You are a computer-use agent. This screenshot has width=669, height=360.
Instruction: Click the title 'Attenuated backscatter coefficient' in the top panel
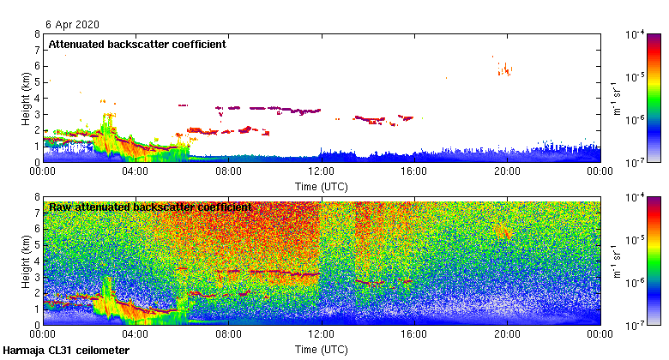[x=137, y=44]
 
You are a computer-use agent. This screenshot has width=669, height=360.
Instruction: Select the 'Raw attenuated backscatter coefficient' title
[x=150, y=207]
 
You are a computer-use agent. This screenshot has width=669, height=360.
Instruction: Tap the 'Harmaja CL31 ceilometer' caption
[x=66, y=351]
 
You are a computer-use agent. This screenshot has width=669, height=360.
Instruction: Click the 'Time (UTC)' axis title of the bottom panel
[x=321, y=349]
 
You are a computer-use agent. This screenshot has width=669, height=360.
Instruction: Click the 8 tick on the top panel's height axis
[x=37, y=34]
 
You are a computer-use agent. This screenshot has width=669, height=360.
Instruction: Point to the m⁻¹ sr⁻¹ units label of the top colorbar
[x=616, y=97]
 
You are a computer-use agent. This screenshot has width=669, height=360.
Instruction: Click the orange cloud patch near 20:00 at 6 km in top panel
[x=506, y=69]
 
